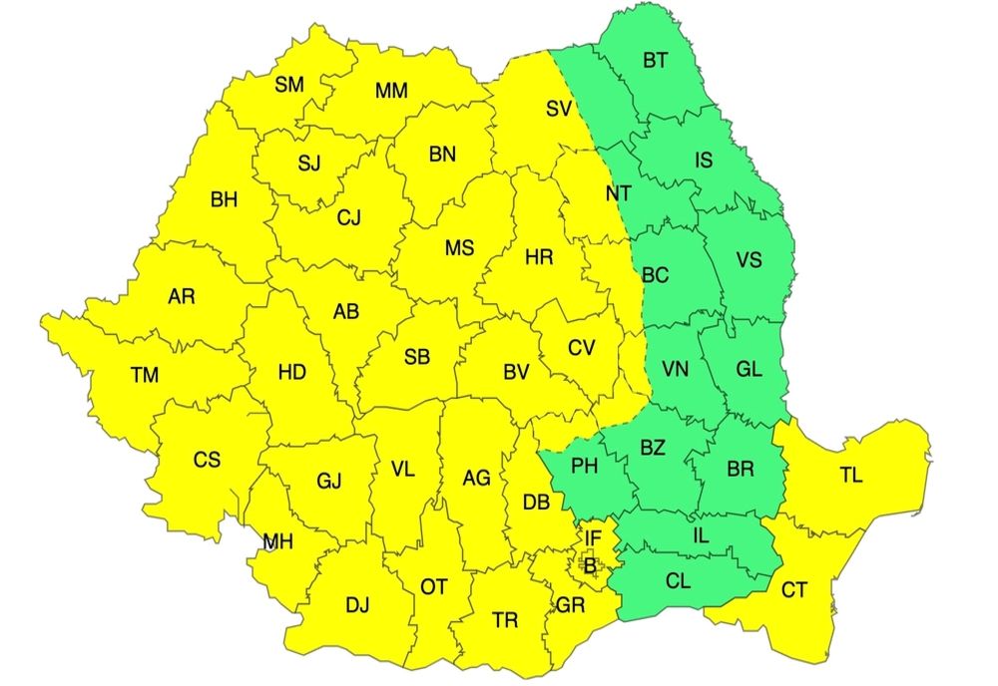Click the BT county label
click(x=655, y=61)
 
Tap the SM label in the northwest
click(x=289, y=85)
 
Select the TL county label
click(x=850, y=477)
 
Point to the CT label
click(x=793, y=591)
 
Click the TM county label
click(x=145, y=376)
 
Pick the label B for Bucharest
click(x=591, y=567)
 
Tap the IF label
click(x=593, y=539)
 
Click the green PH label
click(x=585, y=464)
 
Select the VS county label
click(x=748, y=260)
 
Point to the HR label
click(x=539, y=258)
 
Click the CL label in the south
click(x=678, y=579)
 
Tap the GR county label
click(x=570, y=605)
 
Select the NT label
click(x=619, y=193)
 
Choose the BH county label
click(x=225, y=199)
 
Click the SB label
click(x=417, y=357)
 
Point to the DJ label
click(x=356, y=604)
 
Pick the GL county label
click(x=748, y=369)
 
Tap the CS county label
click(x=207, y=460)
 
